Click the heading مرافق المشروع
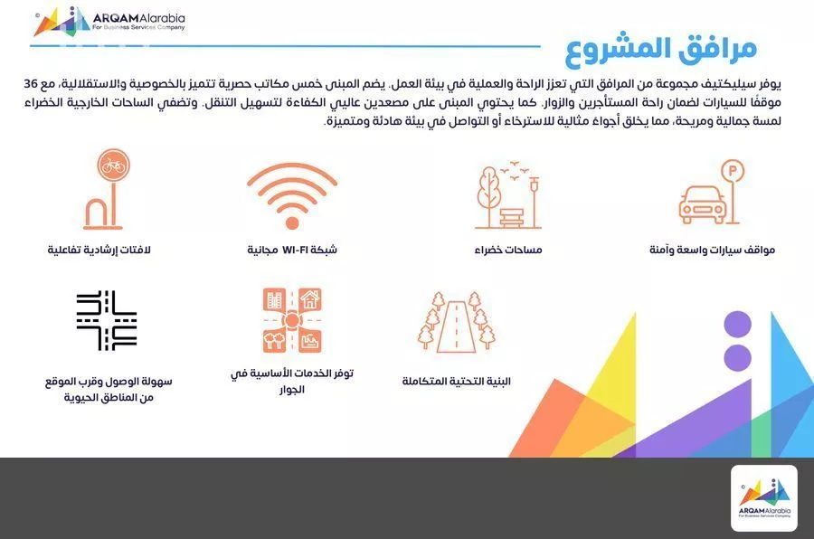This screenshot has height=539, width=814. pyautogui.click(x=661, y=47)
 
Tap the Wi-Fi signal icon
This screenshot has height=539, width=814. pyautogui.click(x=291, y=194)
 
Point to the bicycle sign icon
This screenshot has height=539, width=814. pyautogui.click(x=107, y=190)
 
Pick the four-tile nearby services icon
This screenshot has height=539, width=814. pyautogui.click(x=291, y=321)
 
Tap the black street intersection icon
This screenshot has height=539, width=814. pyautogui.click(x=107, y=321)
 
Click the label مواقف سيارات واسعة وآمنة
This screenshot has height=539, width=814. pyautogui.click(x=712, y=250)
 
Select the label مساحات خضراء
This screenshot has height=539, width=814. pyautogui.click(x=508, y=250)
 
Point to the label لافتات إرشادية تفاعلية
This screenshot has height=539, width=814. pyautogui.click(x=99, y=250)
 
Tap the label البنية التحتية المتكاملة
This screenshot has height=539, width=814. pyautogui.click(x=457, y=382)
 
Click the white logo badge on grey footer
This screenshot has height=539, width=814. pyautogui.click(x=763, y=498)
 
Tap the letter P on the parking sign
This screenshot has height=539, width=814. pyautogui.click(x=731, y=171)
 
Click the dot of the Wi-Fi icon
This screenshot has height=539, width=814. pyautogui.click(x=291, y=222)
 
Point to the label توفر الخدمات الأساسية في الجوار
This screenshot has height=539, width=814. pyautogui.click(x=291, y=381)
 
